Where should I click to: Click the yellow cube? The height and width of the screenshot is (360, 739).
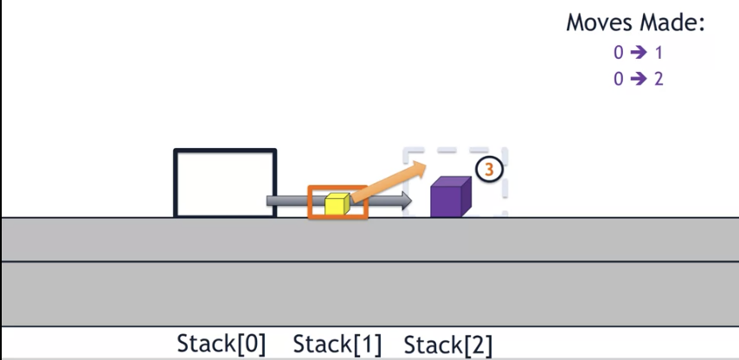click(335, 204)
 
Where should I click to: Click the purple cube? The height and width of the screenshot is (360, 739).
click(449, 198)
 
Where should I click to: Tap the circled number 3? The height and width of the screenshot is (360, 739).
click(489, 170)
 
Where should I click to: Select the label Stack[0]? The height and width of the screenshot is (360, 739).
click(222, 344)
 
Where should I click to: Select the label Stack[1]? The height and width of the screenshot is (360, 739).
click(337, 344)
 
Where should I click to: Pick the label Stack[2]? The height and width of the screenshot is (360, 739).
click(448, 344)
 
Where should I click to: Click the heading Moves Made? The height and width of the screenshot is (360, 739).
click(636, 23)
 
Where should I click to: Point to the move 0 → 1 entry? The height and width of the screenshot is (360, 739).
click(638, 53)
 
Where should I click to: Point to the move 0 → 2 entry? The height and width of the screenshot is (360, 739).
click(638, 78)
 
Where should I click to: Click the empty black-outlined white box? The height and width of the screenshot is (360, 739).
click(225, 183)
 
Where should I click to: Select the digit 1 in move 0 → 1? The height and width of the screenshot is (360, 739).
click(659, 53)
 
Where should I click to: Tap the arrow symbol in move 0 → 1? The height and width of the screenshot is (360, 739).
click(639, 53)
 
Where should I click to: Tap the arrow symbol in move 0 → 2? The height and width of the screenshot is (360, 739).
click(639, 78)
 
